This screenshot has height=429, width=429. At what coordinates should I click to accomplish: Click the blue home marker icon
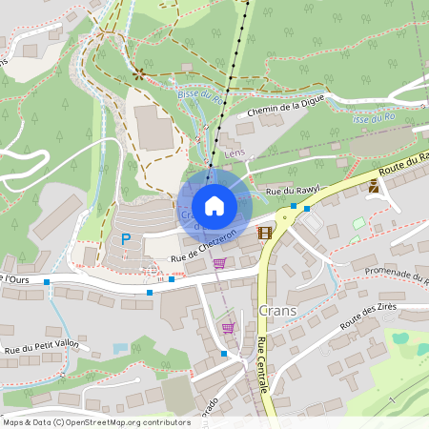coord(214,206)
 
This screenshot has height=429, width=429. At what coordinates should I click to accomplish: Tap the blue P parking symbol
coord(125,238)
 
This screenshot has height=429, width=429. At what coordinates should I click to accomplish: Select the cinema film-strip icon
coord(264,232)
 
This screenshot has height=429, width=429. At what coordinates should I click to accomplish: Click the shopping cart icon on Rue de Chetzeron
coord(219,263)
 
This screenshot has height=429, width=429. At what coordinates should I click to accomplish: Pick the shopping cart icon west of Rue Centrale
coord(228,327)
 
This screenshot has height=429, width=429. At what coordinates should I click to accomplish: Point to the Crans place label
coord(276,312)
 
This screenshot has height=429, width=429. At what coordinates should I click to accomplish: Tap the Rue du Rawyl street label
coord(290,192)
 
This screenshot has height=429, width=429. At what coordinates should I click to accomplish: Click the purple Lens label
coord(235,153)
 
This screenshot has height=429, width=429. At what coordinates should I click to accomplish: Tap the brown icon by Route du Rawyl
coord(375,188)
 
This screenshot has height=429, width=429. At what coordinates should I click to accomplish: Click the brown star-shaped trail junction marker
coord(139,72)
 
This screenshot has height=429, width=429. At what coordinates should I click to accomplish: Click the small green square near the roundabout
coord(358,223)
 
